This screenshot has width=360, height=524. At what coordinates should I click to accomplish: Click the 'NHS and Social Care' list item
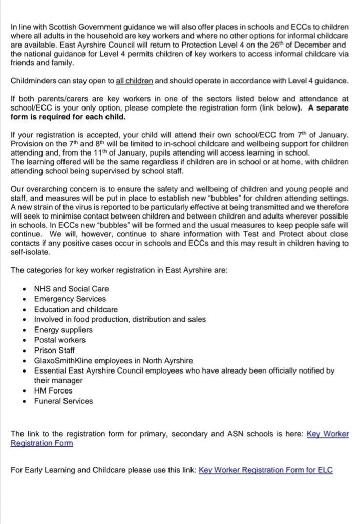tap(71, 289)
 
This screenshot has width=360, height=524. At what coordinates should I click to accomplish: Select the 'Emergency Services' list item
tap(70, 299)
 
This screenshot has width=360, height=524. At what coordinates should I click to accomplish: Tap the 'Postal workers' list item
tap(60, 340)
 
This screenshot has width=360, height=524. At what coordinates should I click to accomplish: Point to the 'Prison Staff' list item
tap(55, 350)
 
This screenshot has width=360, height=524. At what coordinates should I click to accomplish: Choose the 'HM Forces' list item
tap(53, 390)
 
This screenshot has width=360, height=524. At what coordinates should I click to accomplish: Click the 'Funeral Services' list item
tap(63, 401)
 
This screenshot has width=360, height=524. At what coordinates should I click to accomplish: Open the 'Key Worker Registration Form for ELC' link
tap(265, 470)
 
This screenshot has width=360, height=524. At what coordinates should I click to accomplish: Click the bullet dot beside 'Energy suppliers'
tap(25, 330)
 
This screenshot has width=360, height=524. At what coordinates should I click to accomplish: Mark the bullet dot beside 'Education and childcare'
tap(25, 309)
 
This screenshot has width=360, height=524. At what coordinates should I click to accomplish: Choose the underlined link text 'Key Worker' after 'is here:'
tap(327, 434)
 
